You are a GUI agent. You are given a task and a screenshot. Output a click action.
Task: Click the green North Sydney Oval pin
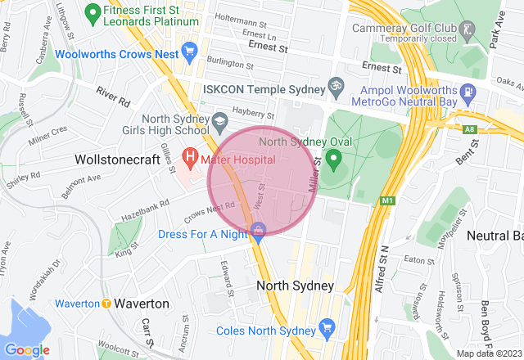(x=333, y=156)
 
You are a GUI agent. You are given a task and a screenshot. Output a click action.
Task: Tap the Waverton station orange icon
(x=106, y=304)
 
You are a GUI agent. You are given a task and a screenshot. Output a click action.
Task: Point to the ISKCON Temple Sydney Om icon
(x=334, y=85)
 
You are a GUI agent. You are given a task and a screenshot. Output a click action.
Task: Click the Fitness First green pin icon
(x=93, y=11)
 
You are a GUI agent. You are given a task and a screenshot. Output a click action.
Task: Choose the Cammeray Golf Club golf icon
(x=468, y=29)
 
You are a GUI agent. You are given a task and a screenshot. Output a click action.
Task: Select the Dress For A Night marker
(x=259, y=230)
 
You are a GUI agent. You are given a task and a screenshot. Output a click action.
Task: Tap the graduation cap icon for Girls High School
(x=219, y=122)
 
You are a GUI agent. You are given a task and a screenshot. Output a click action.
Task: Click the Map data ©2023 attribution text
(x=487, y=353)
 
